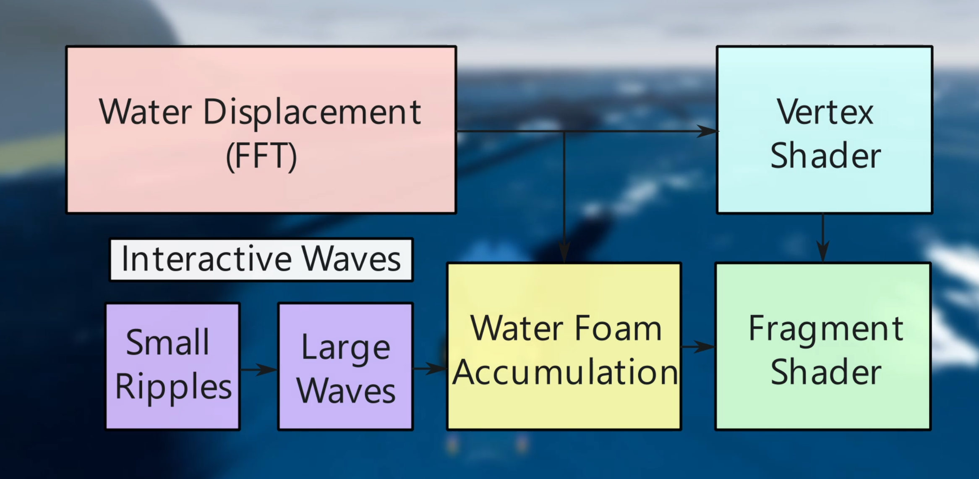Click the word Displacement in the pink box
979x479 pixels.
pos(312,113)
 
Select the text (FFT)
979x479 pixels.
pos(261,156)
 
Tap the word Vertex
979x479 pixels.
pos(825,112)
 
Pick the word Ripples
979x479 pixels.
pos(173,387)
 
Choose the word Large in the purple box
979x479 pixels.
pos(346,348)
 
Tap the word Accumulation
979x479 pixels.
pos(565,372)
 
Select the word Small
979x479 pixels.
pos(167,342)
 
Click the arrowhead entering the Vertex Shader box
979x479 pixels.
pos(707,131)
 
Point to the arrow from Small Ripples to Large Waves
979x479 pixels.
pos(258,369)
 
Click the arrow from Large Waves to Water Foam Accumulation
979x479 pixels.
pos(430,369)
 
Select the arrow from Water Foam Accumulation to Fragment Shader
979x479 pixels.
pos(698,347)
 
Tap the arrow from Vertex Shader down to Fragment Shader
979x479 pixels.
pos(823,238)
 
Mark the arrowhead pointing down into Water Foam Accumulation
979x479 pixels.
pos(564,252)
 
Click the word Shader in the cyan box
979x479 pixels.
pos(826,156)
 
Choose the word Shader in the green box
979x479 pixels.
pos(826,372)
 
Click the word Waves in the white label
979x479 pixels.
pos(351,259)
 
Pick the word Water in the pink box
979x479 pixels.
pos(146,112)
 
